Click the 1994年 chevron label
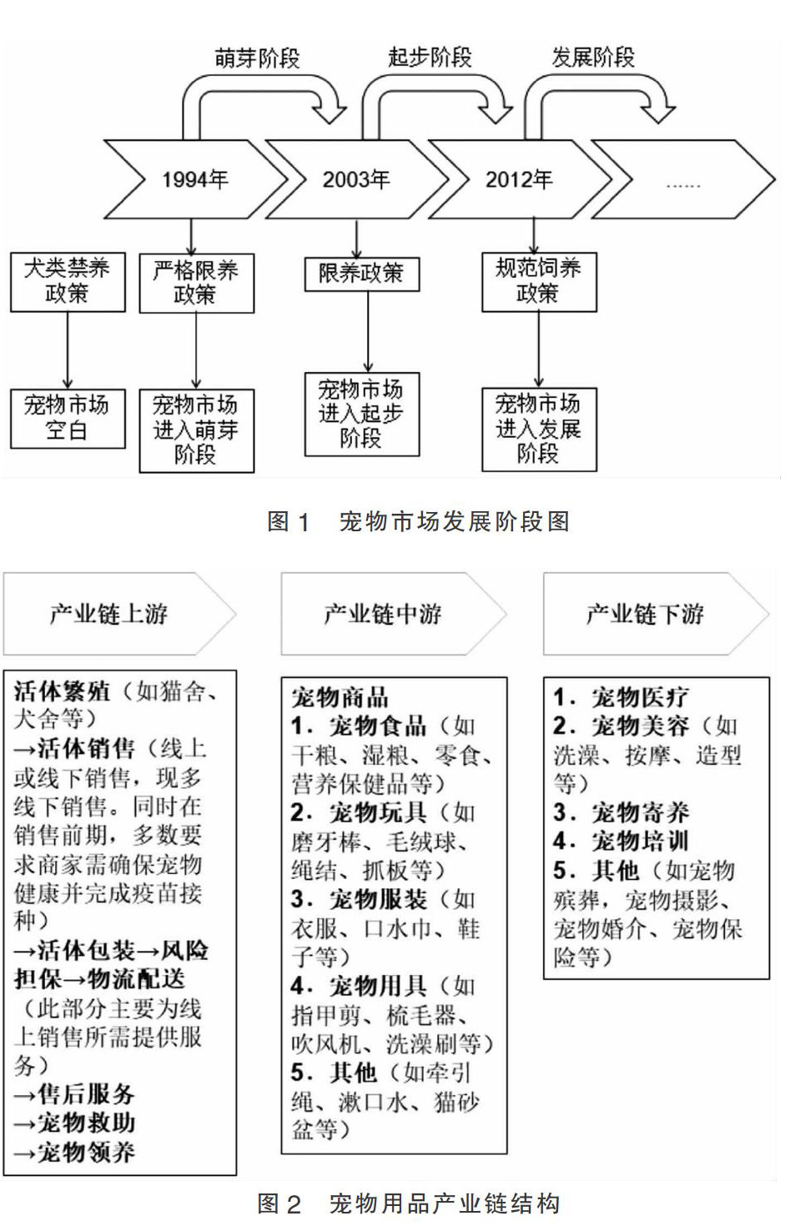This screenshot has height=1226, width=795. (194, 179)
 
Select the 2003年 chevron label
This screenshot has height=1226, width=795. (356, 179)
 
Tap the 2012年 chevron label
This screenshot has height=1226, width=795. (519, 179)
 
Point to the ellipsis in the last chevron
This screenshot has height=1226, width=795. (682, 184)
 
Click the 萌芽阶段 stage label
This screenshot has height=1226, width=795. (257, 58)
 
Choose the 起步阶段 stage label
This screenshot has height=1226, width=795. (430, 57)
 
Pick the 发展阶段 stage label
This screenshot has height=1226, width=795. (593, 57)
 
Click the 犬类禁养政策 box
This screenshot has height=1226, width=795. (68, 282)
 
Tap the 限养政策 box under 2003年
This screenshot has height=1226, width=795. (361, 273)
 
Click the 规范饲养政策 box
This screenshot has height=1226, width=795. (539, 282)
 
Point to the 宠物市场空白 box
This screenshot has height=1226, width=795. (68, 418)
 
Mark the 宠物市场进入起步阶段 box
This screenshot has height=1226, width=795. (361, 414)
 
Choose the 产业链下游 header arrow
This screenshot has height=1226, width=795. (646, 614)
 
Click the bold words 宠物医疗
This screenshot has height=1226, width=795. (640, 696)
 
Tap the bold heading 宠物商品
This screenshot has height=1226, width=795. (340, 696)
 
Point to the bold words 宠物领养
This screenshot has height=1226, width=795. (86, 1152)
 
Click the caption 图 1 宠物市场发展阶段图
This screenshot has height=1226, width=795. (419, 522)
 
